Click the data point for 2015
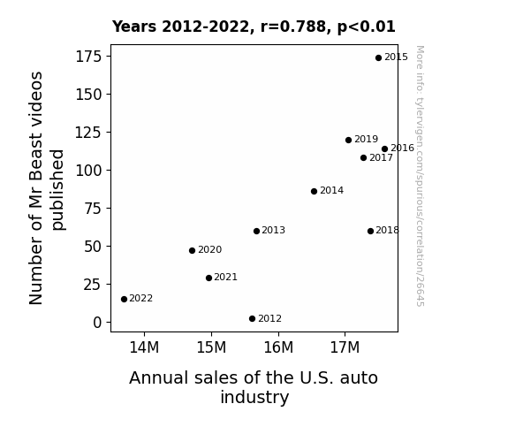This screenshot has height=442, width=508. pos(378,58)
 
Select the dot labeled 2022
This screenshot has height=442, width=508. pos(124,299)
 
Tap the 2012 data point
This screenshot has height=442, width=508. pos(253,319)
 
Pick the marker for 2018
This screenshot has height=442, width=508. pos(371,232)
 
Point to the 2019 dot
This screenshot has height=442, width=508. pos(349,140)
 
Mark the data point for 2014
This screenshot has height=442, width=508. pos(314,191)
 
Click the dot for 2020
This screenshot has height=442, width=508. pos(192,251)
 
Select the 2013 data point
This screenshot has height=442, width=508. pos(256,232)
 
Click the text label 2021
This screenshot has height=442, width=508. pos(226,278)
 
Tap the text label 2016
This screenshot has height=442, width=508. pos(402,149)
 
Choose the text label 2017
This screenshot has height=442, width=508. pos(381,158)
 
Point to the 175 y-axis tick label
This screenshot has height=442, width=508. pos(88,57)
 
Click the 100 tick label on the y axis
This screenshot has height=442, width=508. pos(88,171)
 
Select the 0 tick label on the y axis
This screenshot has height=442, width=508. pos(97,323)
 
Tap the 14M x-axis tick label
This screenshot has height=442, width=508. pos(144,347)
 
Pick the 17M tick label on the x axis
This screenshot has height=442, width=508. pos(345,347)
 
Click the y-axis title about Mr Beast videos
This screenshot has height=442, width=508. pos(47,188)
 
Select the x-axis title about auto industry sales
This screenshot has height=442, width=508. pos(254,387)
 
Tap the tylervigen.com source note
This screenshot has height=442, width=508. pos(420,176)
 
